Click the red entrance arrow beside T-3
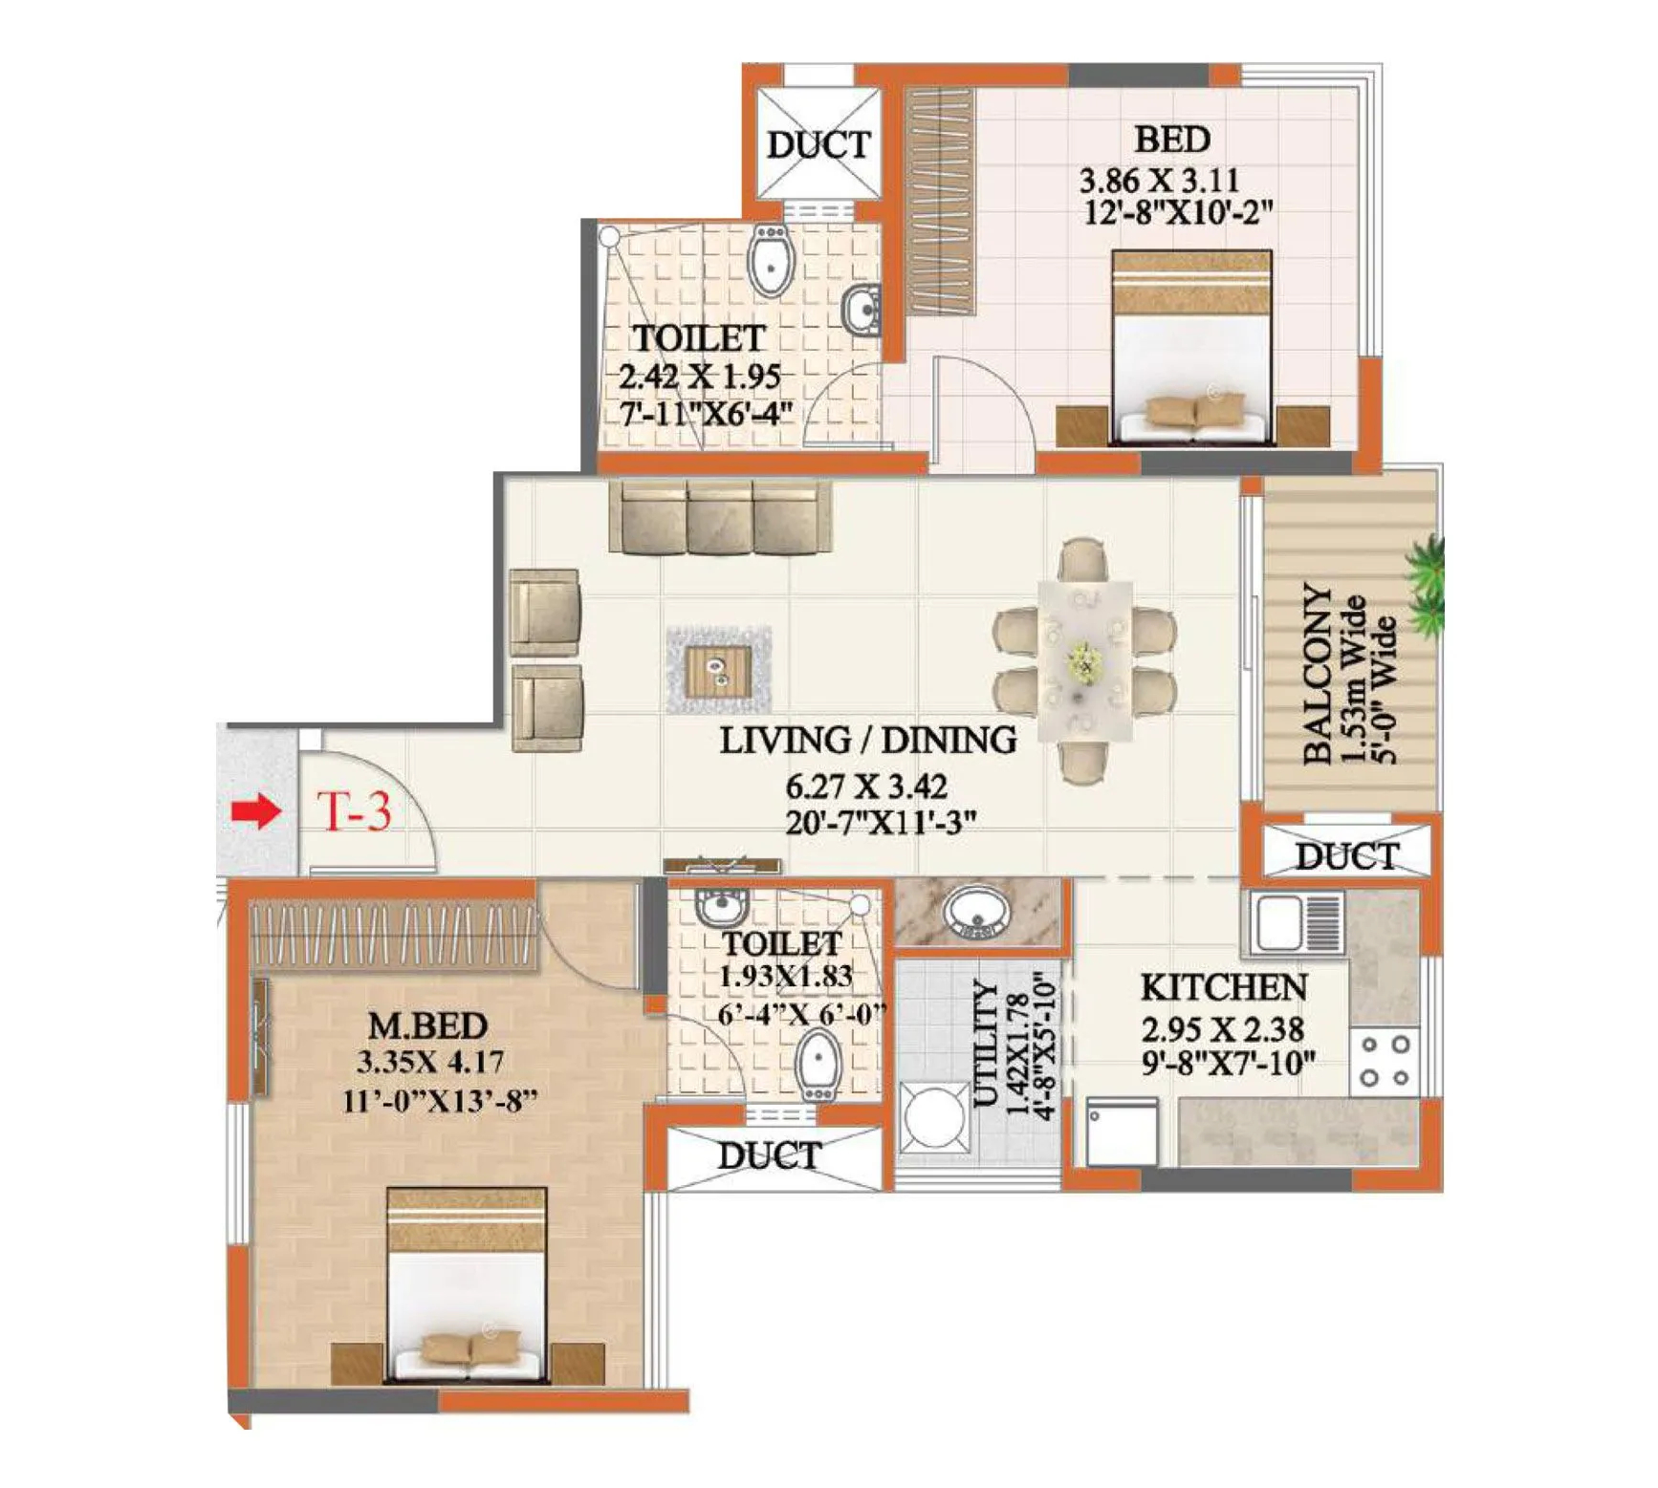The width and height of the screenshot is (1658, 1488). tap(255, 813)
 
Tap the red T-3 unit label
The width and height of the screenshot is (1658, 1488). tap(355, 812)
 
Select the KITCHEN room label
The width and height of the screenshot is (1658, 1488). tap(1223, 987)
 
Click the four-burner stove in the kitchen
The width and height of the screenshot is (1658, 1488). tap(1385, 1061)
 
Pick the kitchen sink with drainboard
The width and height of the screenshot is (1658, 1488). tap(1297, 922)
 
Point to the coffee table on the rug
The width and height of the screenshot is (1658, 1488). tap(718, 668)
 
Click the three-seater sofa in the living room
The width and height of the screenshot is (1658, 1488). tap(720, 518)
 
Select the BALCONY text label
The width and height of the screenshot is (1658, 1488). tap(1318, 674)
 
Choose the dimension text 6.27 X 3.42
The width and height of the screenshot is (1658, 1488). tap(866, 787)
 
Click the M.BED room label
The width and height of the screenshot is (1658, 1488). tap(427, 1025)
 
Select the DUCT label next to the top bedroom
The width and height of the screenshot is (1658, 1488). tap(818, 145)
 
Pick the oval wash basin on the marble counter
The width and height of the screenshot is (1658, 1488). tap(975, 911)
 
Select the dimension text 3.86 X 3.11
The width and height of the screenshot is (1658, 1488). tap(1159, 180)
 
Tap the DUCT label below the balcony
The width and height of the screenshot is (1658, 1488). tap(1346, 856)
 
